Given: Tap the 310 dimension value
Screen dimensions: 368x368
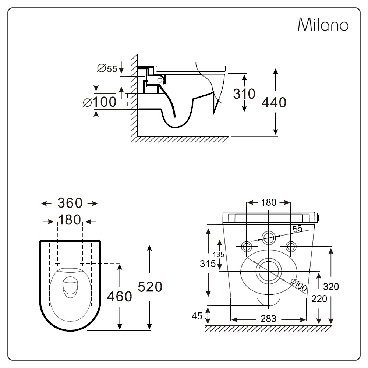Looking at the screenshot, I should tap(244, 94).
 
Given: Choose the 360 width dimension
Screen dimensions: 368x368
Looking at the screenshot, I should tap(70, 203).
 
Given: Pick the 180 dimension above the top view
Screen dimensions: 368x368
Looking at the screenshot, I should tap(70, 220).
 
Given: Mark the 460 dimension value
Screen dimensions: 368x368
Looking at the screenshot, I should tap(119, 296).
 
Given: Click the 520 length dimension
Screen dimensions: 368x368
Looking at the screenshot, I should tap(150, 286).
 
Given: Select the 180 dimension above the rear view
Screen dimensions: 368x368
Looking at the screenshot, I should tap(269, 202).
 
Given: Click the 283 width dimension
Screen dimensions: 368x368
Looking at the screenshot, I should tap(268, 319).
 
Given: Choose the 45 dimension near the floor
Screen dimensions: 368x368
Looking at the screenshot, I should tap(198, 316).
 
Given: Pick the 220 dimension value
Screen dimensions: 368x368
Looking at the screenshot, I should tap(319, 299).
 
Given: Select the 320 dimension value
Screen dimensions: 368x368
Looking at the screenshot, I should tap(331, 286).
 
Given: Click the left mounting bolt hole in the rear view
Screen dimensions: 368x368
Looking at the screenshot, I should tap(246, 245).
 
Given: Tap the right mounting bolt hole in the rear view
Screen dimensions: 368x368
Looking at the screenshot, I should tap(291, 245).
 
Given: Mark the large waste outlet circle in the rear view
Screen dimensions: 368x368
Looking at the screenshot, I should tap(269, 271).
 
